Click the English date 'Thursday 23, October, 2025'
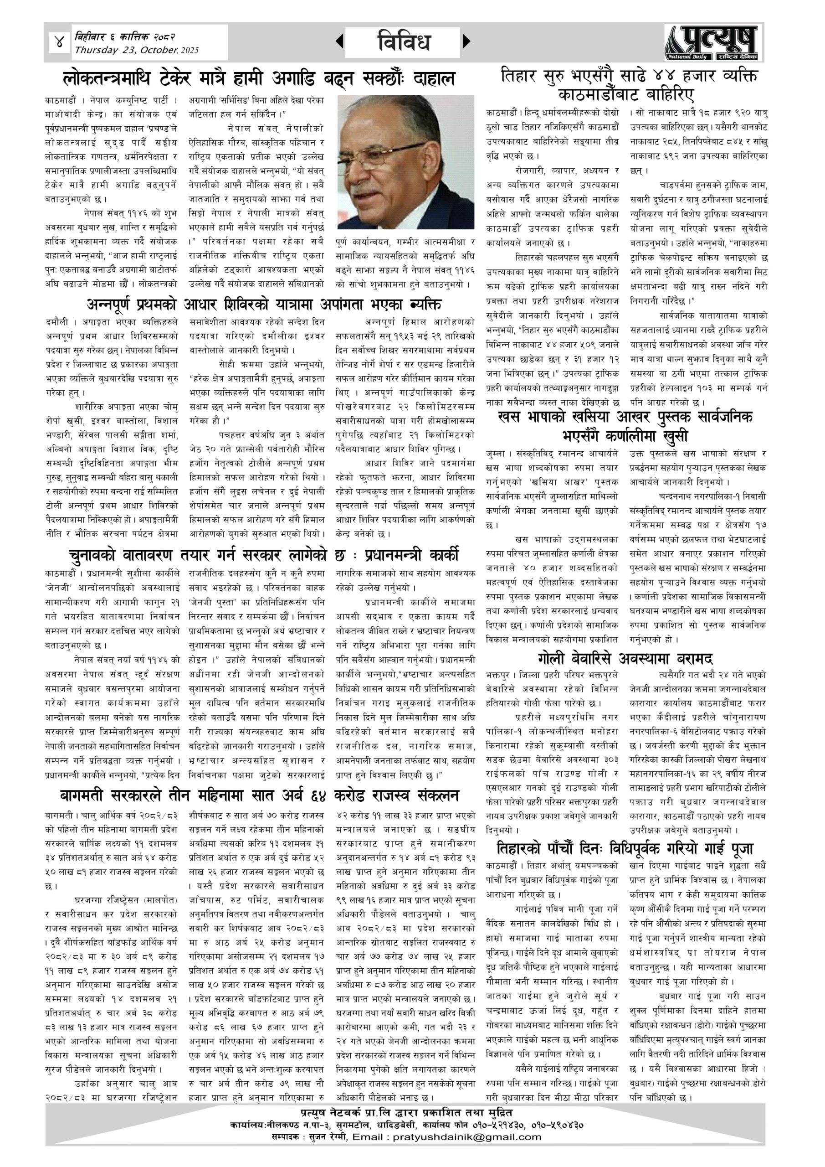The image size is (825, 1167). pos(137,50)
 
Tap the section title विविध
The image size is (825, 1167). pos(404,41)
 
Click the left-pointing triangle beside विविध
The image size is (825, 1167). pos(339,41)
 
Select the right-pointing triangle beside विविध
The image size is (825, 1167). pos(466,41)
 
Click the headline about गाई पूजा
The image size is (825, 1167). pos(625,848)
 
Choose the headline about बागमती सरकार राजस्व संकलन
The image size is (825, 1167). pos(259,795)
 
